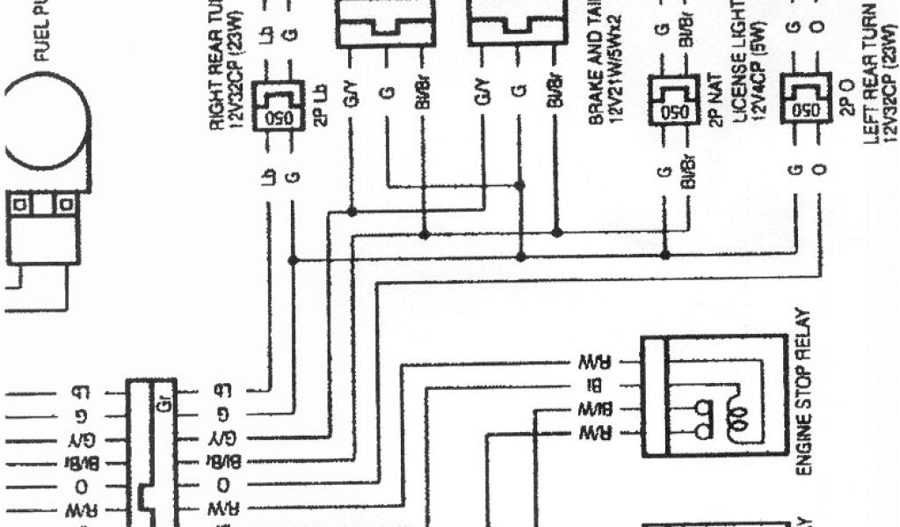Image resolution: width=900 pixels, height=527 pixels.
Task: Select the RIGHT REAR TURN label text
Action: click(220, 66)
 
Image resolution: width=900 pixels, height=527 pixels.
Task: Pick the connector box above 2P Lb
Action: click(279, 105)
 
